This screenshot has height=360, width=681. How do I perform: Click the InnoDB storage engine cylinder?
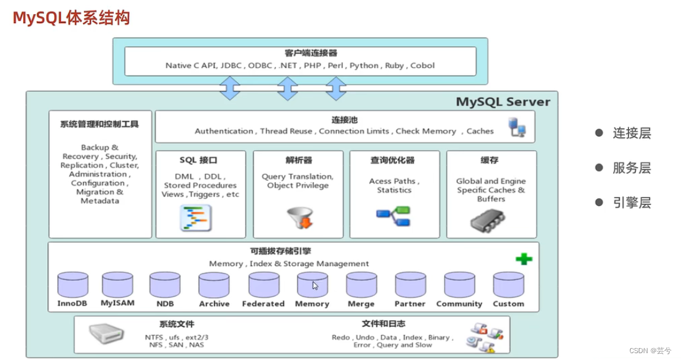pos(72,285)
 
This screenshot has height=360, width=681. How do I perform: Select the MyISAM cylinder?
pos(117,285)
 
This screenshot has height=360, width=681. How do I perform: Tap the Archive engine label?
pos(214,304)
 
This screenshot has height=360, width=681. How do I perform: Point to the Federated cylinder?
pos(263,285)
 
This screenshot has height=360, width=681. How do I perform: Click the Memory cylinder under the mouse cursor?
pos(312,285)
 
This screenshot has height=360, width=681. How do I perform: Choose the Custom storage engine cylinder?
pos(508,285)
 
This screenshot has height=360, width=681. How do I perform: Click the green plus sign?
pos(524,259)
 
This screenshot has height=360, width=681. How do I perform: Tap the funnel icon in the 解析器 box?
pos(298,217)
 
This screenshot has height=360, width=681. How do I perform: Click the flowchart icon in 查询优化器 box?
pos(393,217)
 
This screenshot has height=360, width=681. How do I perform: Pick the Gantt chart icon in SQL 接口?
pos(196,217)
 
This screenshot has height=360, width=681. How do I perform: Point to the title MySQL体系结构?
pos(72,17)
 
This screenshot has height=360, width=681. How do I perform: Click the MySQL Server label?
pos(503,101)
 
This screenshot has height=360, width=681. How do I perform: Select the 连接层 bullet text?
pos(631,133)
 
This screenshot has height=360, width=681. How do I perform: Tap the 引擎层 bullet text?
pos(631,203)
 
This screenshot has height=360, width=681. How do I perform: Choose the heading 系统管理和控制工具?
pos(99,124)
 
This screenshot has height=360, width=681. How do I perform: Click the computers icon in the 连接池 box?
pos(517,127)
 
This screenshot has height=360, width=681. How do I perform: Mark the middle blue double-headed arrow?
pos(287,88)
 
